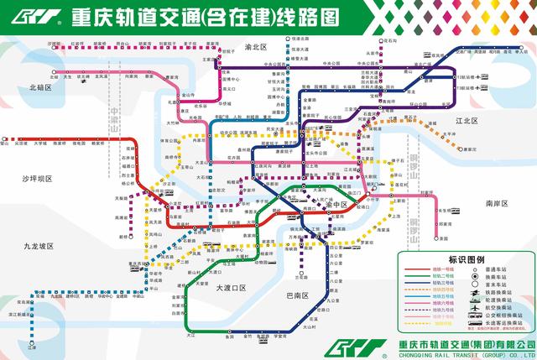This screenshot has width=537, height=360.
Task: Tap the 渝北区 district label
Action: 255,48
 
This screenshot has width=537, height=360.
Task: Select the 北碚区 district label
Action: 40,87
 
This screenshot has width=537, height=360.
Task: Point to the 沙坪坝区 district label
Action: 38,179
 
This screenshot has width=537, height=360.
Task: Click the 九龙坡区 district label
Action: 39,246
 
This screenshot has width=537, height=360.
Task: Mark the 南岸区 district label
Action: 498,203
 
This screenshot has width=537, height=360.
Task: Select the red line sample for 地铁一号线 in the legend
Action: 416,271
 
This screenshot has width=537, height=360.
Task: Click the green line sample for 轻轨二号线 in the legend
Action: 416,278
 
